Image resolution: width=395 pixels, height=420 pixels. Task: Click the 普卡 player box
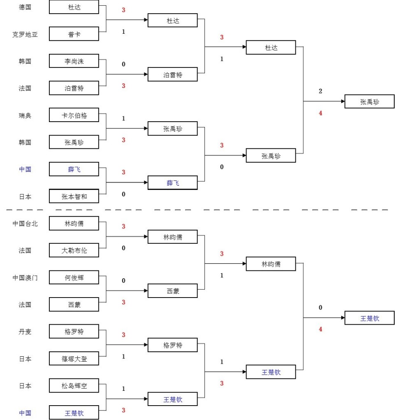(74, 34)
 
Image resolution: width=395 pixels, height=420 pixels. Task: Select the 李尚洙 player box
(74, 61)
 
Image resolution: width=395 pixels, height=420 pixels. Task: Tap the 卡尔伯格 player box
(74, 115)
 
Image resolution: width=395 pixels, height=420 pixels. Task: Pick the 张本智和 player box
(74, 196)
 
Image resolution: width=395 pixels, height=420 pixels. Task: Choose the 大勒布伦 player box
(74, 250)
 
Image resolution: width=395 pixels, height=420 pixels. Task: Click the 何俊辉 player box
(74, 277)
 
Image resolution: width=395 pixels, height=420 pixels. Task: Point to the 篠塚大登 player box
(74, 359)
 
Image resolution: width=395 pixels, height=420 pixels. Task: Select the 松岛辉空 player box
(74, 386)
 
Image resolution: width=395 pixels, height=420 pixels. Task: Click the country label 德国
(25, 7)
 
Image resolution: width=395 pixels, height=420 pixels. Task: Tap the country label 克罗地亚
(25, 34)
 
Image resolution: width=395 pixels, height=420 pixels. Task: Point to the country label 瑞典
(25, 115)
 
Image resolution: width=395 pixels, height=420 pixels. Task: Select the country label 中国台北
(25, 224)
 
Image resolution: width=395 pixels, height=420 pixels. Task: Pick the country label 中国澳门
(25, 278)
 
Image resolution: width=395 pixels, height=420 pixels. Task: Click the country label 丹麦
(25, 332)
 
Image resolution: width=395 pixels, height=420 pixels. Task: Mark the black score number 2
(320, 91)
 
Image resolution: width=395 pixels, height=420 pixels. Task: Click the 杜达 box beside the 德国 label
(74, 7)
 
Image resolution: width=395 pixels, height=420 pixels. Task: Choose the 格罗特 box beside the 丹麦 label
(74, 332)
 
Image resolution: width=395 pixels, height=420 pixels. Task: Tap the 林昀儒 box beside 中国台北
(74, 224)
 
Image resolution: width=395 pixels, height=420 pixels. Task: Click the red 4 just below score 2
(320, 113)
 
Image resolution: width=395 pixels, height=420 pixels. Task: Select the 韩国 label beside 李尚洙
(25, 61)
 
